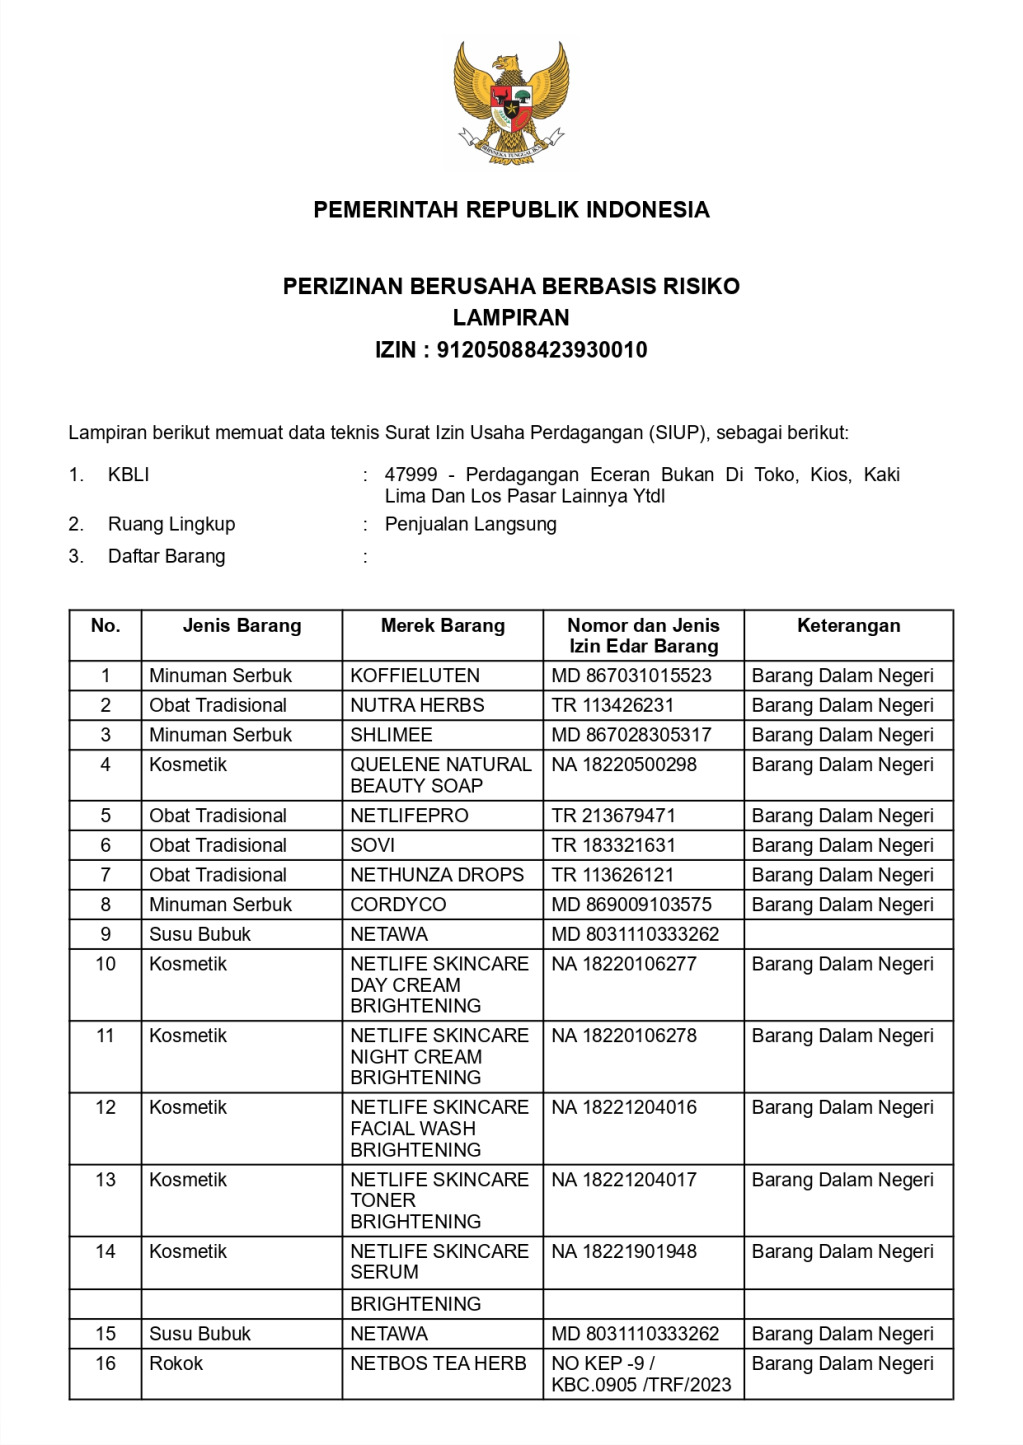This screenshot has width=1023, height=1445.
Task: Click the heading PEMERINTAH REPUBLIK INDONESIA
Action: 511,210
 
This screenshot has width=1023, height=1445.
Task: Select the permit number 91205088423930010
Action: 542,350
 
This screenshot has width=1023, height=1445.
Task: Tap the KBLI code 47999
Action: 410,475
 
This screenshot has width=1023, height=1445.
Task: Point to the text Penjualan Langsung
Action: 470,524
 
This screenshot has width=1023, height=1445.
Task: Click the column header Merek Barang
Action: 442,626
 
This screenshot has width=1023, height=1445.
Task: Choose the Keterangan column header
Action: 848,626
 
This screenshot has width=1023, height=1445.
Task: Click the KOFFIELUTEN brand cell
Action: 415,676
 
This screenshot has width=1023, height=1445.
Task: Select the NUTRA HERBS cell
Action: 417,706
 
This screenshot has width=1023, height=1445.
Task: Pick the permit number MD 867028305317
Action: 631,735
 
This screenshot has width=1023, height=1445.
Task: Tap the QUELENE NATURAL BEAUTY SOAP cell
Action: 440,775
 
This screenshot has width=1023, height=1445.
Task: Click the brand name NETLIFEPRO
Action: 409,816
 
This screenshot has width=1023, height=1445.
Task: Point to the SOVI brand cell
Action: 373,846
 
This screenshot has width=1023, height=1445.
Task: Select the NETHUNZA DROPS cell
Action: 437,875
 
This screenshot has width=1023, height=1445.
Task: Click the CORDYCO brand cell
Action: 398,905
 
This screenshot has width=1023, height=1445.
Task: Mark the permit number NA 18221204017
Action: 624,1180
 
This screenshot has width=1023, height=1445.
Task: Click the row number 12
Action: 105,1108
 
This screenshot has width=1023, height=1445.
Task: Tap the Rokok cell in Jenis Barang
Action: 176,1364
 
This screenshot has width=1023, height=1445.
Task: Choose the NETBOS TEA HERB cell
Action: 438,1364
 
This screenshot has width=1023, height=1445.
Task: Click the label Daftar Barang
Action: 166,557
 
